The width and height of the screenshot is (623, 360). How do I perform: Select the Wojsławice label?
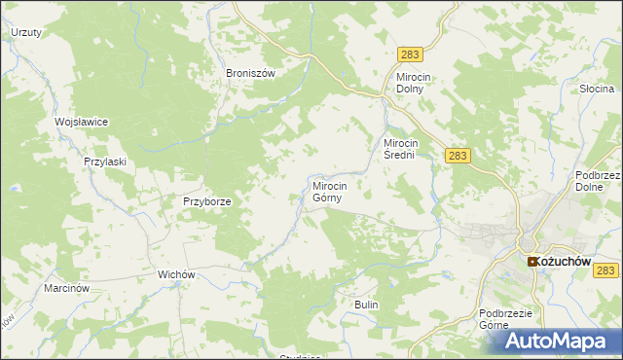81,122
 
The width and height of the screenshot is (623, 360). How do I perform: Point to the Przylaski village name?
105,162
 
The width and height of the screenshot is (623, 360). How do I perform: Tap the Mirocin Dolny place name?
420,83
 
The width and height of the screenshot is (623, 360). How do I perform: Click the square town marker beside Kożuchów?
532,262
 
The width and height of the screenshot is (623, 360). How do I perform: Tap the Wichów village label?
178,275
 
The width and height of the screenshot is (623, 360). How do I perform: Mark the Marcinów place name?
67,289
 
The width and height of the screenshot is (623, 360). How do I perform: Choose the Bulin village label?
366,306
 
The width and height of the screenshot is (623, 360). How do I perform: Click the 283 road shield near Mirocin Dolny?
409,57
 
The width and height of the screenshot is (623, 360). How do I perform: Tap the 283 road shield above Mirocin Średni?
459,155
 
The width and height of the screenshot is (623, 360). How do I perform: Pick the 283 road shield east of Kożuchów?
607,270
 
